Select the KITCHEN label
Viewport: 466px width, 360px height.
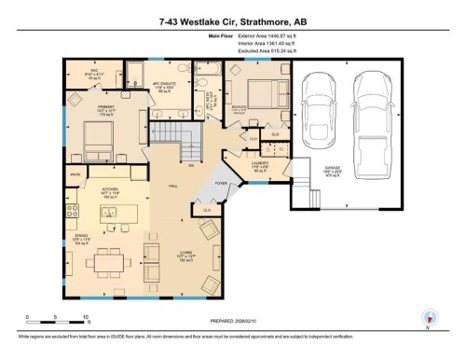coord(111,190)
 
